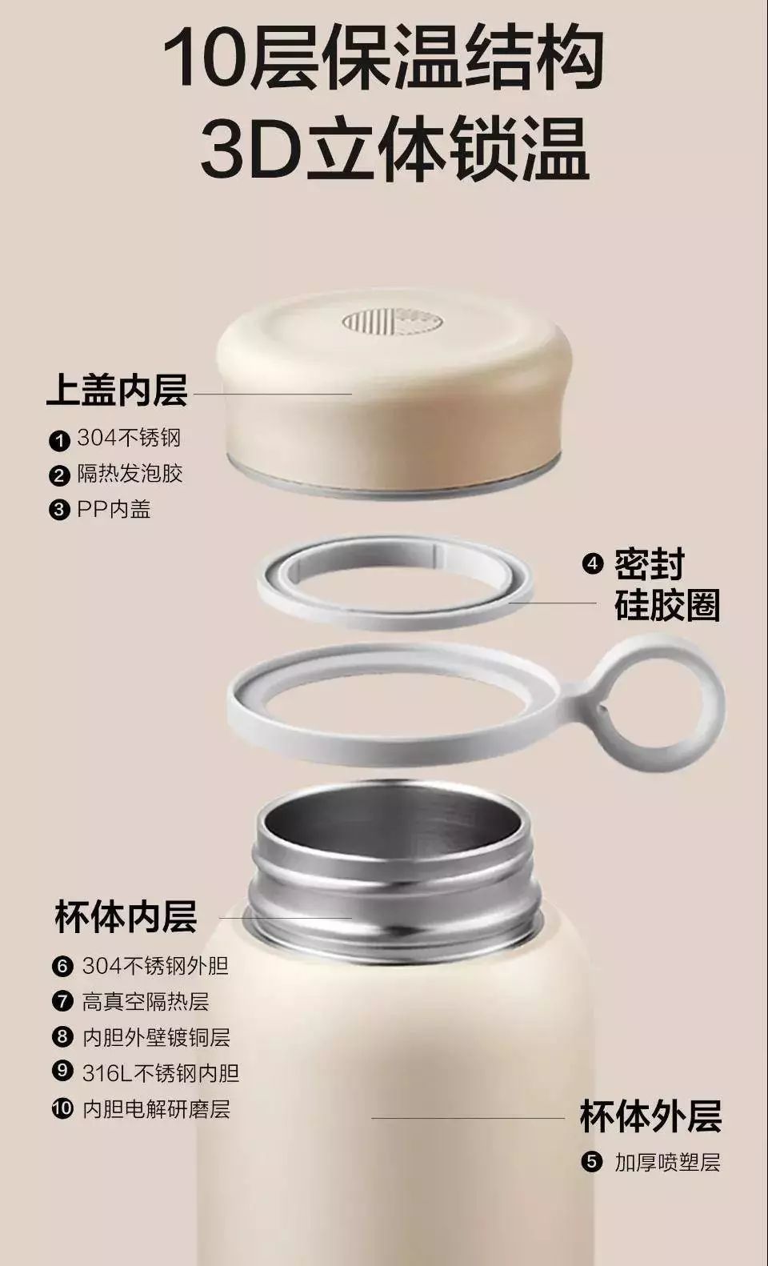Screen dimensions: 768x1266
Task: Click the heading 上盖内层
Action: [x=117, y=391]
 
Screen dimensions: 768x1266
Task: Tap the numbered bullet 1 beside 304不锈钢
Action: [x=59, y=440]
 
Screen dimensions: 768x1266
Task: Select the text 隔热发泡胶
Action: [x=130, y=474]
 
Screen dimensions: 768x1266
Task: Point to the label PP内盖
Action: [x=114, y=509]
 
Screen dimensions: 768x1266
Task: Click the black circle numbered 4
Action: [x=592, y=563]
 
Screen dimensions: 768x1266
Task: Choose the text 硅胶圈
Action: [x=667, y=605]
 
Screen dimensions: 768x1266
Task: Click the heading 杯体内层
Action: [x=126, y=917]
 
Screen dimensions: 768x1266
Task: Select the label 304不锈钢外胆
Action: [x=155, y=966]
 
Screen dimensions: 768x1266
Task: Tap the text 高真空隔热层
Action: [x=146, y=1001]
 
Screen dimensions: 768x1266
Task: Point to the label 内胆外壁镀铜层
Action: [x=157, y=1037]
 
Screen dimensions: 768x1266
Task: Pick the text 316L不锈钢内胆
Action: [x=161, y=1072]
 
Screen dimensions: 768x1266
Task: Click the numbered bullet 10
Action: [x=62, y=1108]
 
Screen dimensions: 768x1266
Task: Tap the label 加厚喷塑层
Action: [x=667, y=1163]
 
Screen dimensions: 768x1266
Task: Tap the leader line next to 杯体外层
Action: [x=468, y=1117]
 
